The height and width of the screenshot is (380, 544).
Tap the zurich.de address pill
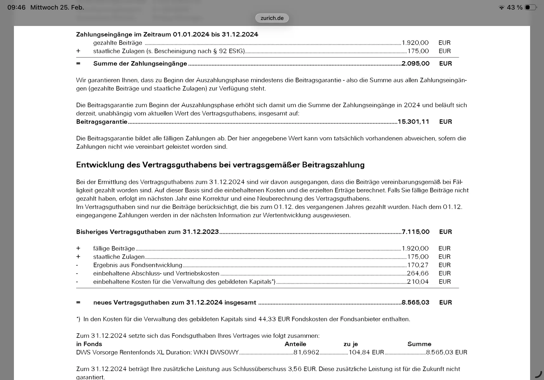point(272,18)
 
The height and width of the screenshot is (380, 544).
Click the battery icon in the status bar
point(531,7)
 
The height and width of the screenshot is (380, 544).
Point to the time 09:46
point(16,7)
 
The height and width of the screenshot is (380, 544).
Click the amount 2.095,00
point(415,64)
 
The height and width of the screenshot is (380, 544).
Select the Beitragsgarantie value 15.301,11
point(413,122)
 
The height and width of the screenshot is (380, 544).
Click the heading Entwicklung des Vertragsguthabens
point(220,165)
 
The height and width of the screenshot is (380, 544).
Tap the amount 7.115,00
point(415,232)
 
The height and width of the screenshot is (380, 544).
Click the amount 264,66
point(418,273)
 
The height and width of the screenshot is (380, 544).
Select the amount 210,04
point(418,282)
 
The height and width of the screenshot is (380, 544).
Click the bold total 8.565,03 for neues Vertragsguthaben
point(415,302)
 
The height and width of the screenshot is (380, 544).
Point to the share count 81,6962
point(306,352)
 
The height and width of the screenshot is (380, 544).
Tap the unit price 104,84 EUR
point(366,352)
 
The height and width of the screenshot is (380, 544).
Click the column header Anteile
point(295,344)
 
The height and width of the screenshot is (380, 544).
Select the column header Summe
point(419,344)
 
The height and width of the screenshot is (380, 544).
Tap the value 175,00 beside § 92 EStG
point(418,51)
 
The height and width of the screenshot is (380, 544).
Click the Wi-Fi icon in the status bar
point(501,8)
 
